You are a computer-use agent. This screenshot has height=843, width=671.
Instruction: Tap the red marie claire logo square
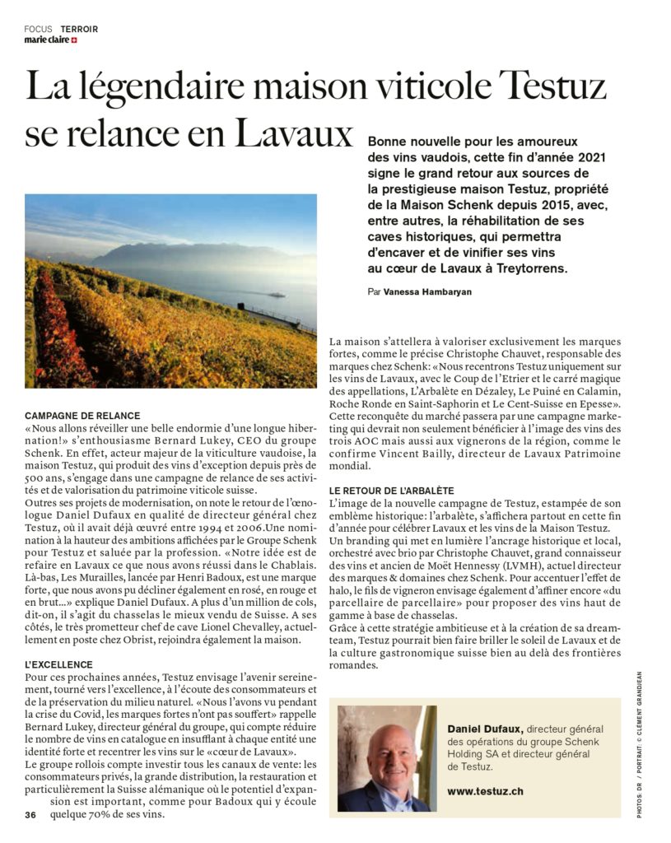[x=74, y=40]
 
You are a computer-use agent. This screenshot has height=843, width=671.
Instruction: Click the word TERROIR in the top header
[x=79, y=29]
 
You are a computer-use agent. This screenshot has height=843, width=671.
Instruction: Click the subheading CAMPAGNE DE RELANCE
[x=82, y=416]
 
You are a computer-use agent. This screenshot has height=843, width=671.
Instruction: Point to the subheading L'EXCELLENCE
[x=58, y=664]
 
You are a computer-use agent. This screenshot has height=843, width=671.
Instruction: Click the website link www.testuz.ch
[x=485, y=791]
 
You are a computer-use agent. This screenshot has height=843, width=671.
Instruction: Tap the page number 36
[x=30, y=815]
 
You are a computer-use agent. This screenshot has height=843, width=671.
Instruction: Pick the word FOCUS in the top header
[x=39, y=29]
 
